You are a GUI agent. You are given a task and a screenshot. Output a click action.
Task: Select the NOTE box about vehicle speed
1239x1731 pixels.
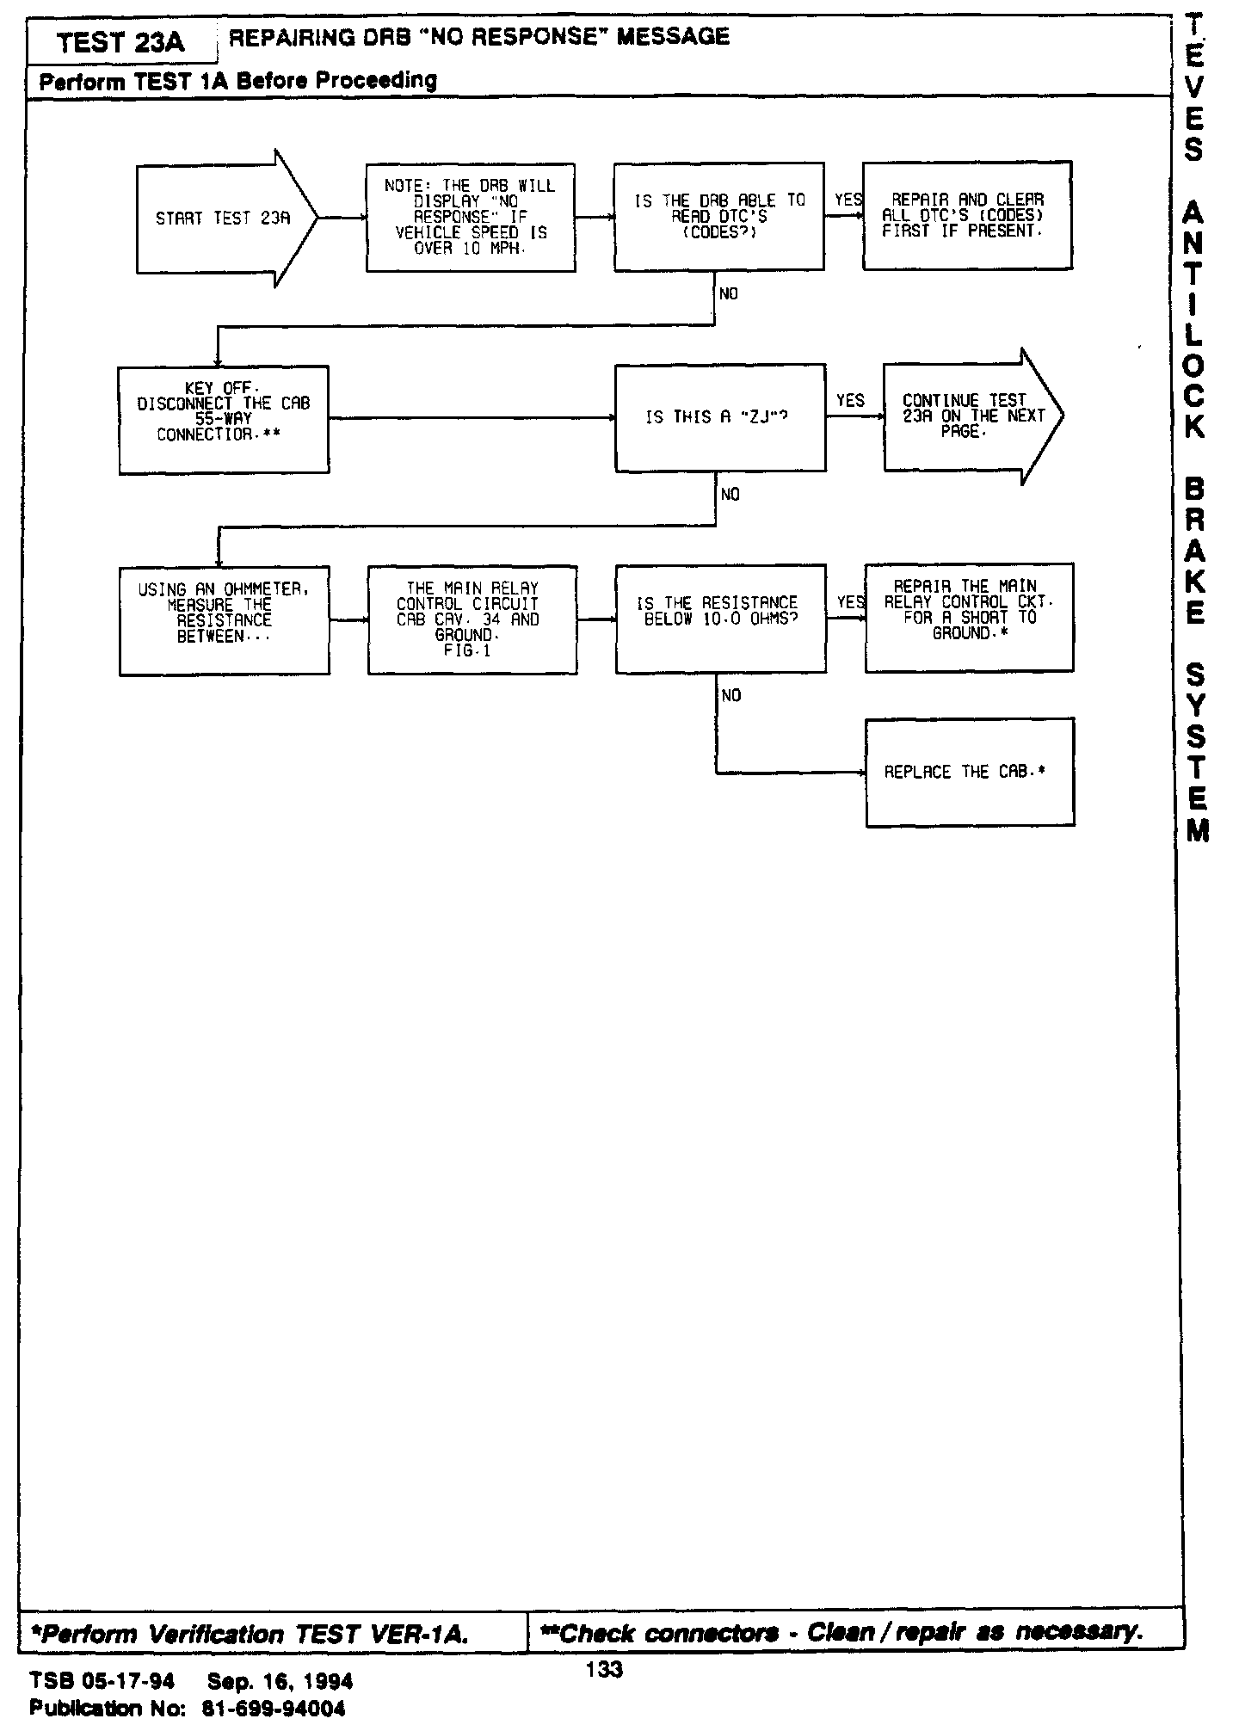[x=471, y=218]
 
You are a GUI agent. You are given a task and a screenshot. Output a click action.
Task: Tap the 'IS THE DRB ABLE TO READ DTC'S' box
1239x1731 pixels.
[x=718, y=216]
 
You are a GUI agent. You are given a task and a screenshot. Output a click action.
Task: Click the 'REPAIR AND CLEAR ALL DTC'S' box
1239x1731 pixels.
[x=967, y=215]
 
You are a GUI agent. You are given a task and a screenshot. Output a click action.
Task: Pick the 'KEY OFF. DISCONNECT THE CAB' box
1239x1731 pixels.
[x=224, y=419]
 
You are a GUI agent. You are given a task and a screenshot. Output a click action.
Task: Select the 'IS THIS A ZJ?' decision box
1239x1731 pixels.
[x=720, y=418]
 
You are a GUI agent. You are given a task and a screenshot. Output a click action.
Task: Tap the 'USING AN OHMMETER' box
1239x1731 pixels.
[x=224, y=619]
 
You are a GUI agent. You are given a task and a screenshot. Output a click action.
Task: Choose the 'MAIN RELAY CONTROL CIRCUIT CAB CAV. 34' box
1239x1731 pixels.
[x=472, y=619]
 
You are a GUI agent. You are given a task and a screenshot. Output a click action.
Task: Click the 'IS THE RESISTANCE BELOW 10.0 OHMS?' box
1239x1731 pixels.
[x=721, y=618]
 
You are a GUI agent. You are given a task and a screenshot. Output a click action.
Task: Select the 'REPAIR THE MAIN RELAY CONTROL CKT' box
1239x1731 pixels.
[x=970, y=617]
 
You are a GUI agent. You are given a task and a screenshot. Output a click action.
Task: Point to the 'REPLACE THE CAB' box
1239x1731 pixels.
[x=970, y=773]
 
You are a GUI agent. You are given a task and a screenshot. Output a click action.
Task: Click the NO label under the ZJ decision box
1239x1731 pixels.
[x=730, y=494]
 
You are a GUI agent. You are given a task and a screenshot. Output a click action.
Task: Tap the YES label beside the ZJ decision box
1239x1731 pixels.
[x=850, y=401]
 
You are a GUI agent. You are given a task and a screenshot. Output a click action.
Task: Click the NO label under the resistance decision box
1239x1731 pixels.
[x=731, y=695]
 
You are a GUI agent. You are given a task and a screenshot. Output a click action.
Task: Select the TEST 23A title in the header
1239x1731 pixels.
[x=120, y=41]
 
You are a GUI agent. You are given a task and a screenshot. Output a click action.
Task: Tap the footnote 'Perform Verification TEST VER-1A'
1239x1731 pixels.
[x=250, y=1634]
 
